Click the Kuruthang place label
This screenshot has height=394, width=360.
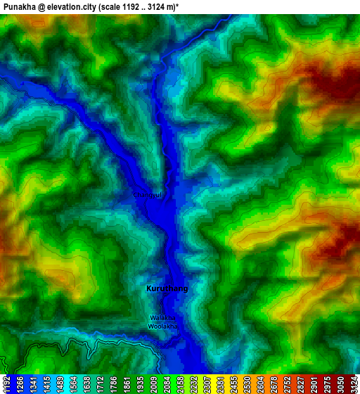[167, 288]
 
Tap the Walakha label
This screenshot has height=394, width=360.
[162, 318]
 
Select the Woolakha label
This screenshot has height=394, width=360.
[163, 326]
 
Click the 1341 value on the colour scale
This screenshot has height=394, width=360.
[32, 384]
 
